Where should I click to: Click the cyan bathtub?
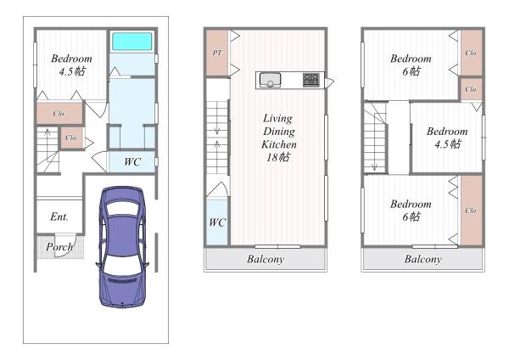tap(131, 42)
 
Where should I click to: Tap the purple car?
tap(122, 246)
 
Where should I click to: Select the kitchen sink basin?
tap(270, 80)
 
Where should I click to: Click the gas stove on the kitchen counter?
tap(311, 80)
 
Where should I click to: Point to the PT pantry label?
tap(217, 53)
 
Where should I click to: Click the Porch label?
tap(59, 247)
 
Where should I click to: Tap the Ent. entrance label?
tap(59, 217)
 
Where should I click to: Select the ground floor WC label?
tap(132, 161)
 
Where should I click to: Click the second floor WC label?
tap(217, 222)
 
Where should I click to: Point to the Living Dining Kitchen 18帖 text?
tap(278, 138)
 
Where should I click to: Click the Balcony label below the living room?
tap(266, 259)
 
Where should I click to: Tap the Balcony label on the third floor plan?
tap(423, 259)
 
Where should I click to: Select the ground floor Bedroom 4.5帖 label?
tap(72, 65)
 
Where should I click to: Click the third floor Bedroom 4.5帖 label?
tap(447, 138)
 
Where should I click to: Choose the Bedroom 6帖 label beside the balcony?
tap(411, 211)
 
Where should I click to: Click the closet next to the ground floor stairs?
tap(72, 138)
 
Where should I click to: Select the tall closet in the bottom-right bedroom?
tap(472, 211)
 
